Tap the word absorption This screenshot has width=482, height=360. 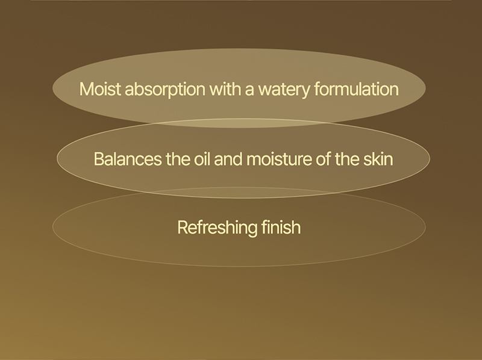coord(165,89)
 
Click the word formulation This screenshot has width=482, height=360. coord(356,89)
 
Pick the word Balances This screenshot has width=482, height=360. coord(128,159)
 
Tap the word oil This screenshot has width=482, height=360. coord(202,159)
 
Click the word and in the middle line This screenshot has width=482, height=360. coord(228,159)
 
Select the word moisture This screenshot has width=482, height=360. coord(279,160)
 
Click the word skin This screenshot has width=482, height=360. coord(378,159)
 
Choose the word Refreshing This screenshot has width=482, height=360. coord(218,228)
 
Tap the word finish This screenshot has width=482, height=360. coord(281,228)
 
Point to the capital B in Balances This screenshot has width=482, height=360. coord(99,160)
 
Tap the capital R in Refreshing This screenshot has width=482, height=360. coord(183,228)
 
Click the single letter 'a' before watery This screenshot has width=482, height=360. coord(249,91)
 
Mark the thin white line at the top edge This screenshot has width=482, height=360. coord(241,1)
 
